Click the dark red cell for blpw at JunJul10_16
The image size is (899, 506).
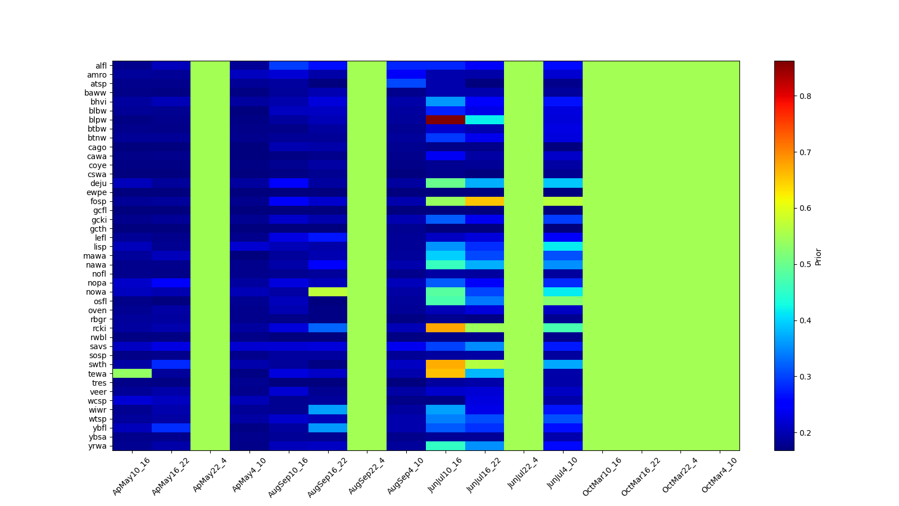click(x=446, y=120)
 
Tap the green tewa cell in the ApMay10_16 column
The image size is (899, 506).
click(x=132, y=373)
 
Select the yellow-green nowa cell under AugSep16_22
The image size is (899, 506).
click(x=328, y=292)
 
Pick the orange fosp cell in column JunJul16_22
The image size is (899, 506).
click(x=485, y=201)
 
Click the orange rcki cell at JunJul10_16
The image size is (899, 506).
click(x=446, y=328)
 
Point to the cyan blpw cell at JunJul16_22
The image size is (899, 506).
click(x=485, y=120)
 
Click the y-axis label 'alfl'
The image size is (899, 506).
click(x=101, y=66)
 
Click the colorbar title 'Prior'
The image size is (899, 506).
click(x=818, y=256)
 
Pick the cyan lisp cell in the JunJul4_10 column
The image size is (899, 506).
click(x=563, y=246)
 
